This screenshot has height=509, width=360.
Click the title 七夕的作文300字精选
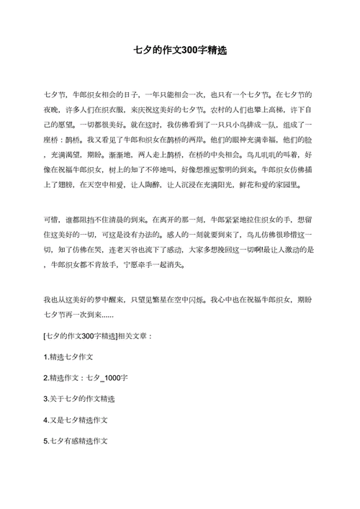tap(181, 51)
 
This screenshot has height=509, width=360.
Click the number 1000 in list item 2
tap(115, 377)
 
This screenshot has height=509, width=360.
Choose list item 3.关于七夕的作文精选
tap(80, 398)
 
